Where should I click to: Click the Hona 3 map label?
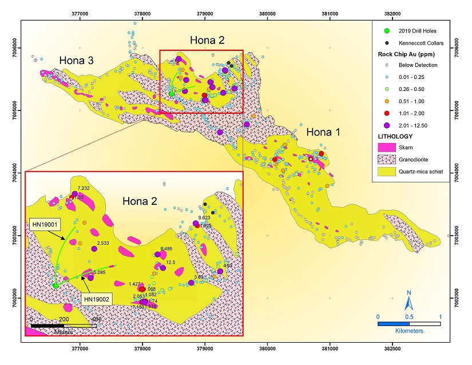[x=77, y=61]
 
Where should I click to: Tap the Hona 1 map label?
[x=323, y=132]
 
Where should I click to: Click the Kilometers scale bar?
[x=408, y=324]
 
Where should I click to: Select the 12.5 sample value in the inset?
[x=170, y=263]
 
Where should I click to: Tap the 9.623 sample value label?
[x=204, y=218]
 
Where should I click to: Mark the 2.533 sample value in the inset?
[x=103, y=244]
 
